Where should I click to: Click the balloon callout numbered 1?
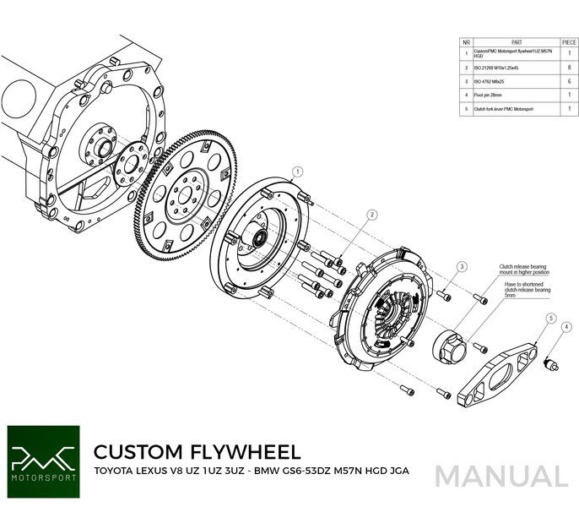click(x=294, y=170)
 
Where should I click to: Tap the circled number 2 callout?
click(x=371, y=216)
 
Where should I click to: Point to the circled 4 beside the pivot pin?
click(x=566, y=326)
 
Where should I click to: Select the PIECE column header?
click(x=569, y=41)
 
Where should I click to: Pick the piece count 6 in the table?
click(x=569, y=81)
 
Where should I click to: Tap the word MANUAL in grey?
click(x=501, y=476)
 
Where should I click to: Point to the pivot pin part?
click(x=554, y=363)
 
